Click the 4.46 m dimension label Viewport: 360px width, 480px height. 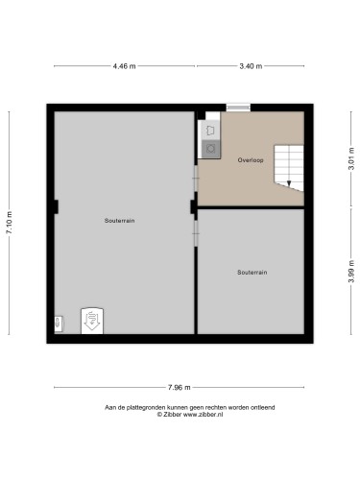pos(124,66)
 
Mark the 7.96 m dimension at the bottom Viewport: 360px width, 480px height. pos(179,387)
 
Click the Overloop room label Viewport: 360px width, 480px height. pos(251,159)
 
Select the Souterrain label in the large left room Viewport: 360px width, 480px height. pos(120,221)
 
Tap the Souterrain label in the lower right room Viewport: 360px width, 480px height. pos(252,273)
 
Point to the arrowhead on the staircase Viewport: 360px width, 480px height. pos(289,182)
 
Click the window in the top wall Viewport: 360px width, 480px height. pos(237,107)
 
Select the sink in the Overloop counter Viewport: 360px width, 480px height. pos(209,129)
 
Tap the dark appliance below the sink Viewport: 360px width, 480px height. pos(209,147)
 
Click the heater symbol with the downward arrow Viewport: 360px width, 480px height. pos(92,319)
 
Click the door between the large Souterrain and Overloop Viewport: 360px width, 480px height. pos(195,178)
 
